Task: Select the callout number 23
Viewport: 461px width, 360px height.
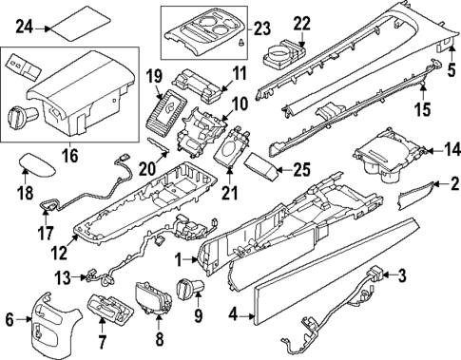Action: (x=260, y=27)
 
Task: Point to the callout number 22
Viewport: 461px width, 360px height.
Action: (x=301, y=23)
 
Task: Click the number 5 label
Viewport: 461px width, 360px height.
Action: (x=451, y=67)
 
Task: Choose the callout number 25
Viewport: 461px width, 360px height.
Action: (x=301, y=170)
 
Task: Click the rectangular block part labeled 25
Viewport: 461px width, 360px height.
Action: (x=265, y=172)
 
